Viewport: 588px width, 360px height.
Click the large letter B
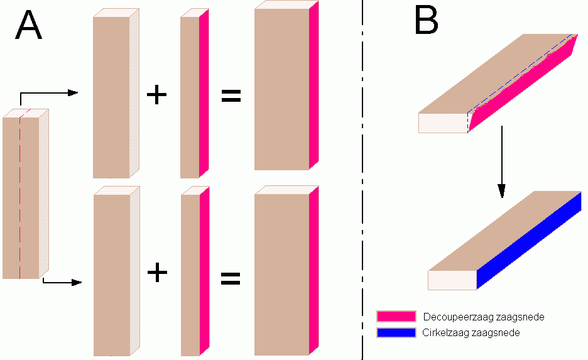click(427, 21)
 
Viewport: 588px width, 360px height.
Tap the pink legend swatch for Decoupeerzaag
click(396, 316)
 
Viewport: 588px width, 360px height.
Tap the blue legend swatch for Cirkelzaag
click(396, 332)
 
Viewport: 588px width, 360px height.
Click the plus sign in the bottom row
click(157, 273)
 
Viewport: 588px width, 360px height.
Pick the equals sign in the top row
click(231, 97)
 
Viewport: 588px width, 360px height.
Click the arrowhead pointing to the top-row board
click(73, 93)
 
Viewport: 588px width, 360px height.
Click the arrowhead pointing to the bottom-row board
click(77, 282)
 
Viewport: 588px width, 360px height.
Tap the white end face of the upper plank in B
click(442, 123)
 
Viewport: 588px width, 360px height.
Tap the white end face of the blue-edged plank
click(452, 280)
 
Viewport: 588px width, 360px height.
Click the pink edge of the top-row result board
click(314, 88)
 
